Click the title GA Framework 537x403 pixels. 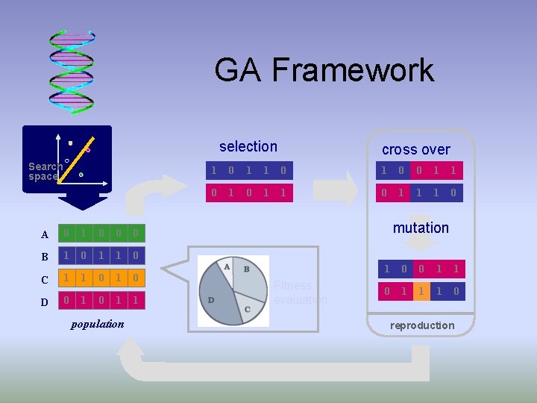click(324, 70)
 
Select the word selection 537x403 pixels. click(248, 147)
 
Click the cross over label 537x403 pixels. click(415, 149)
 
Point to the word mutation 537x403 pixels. click(421, 228)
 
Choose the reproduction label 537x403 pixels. click(421, 325)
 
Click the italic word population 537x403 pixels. click(97, 324)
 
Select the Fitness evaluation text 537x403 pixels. click(300, 292)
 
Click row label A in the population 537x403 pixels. click(45, 234)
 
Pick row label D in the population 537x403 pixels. click(45, 302)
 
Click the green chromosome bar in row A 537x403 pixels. click(101, 234)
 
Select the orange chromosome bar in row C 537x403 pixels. click(101, 278)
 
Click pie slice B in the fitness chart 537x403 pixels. click(251, 275)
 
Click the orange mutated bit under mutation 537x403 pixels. click(421, 291)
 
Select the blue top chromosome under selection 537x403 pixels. click(248, 170)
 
